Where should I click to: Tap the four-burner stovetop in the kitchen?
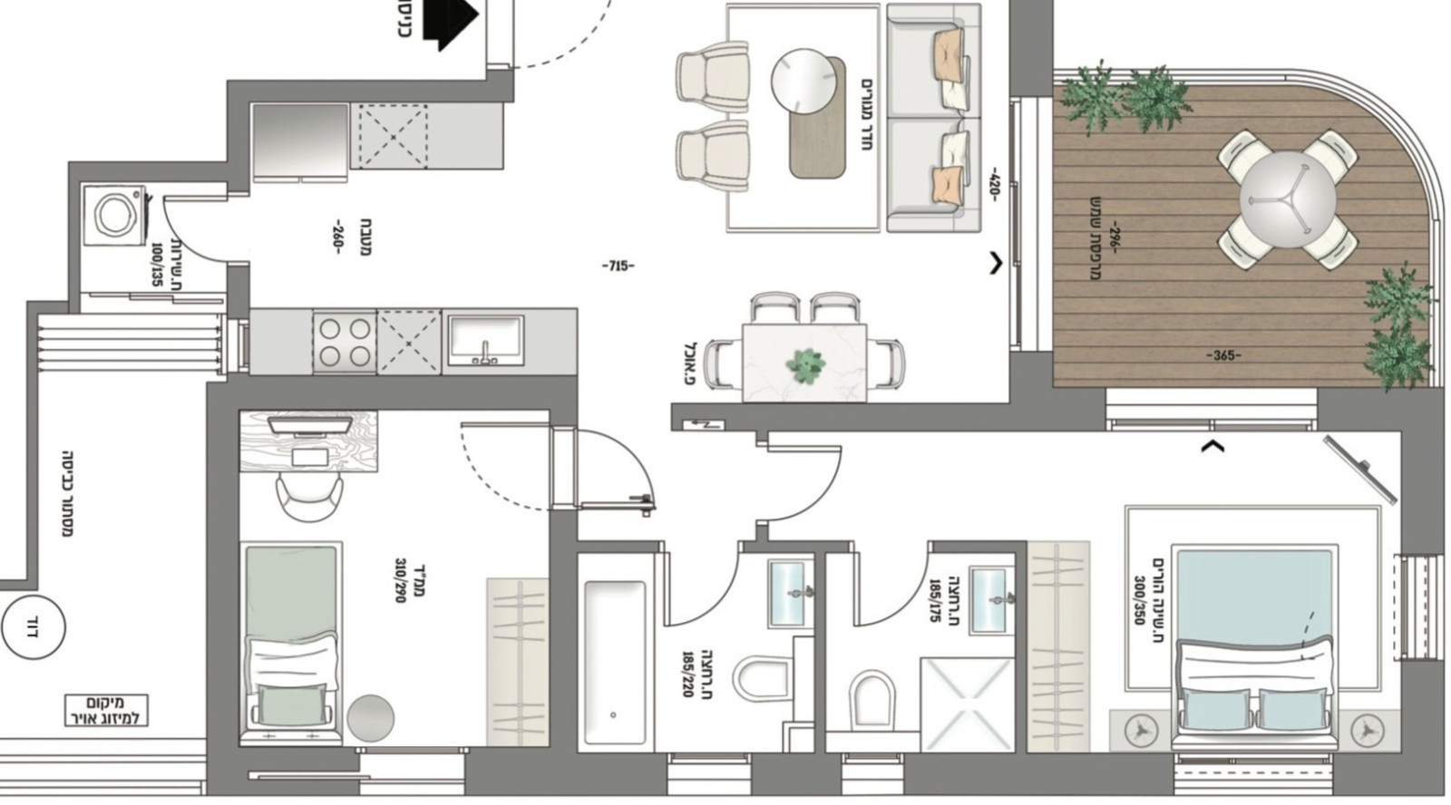point(345,342)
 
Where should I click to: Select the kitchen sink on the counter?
point(484,340)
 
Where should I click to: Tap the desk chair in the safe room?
point(309,496)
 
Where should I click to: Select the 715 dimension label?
point(618,267)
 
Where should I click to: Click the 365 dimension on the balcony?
point(1223,356)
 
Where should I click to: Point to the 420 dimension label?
point(993,184)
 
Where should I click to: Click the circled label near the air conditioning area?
point(34,626)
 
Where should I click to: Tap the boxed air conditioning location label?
point(105,711)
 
